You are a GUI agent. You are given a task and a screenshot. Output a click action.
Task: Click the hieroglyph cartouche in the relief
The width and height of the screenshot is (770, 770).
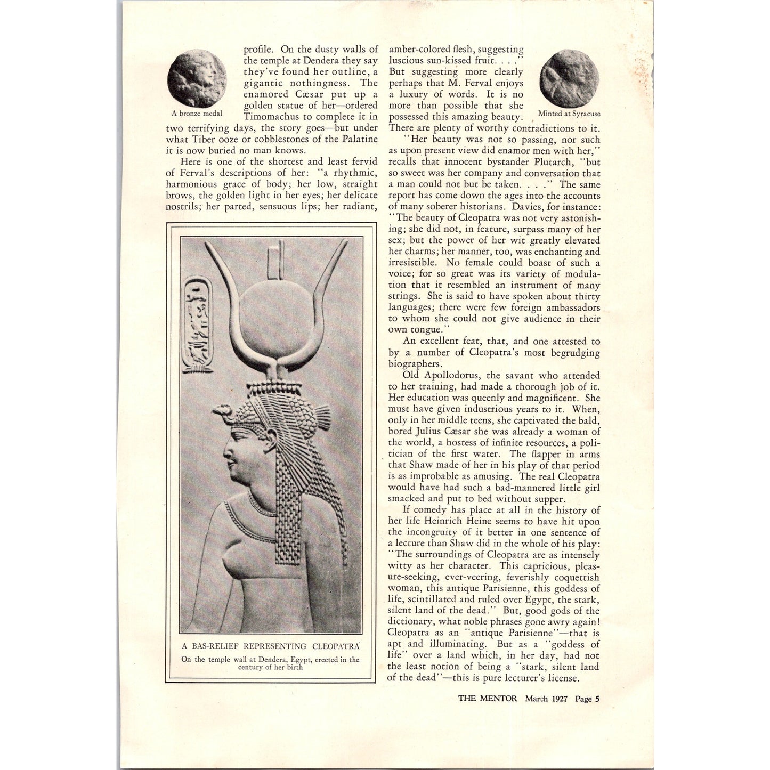(196, 326)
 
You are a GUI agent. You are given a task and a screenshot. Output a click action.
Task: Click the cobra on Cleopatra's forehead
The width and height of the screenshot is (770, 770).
(220, 410)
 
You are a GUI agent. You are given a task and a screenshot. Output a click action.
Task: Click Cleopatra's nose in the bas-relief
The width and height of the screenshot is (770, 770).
(225, 456)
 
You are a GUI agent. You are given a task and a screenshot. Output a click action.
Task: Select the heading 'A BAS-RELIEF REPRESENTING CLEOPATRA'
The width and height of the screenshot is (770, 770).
(271, 646)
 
